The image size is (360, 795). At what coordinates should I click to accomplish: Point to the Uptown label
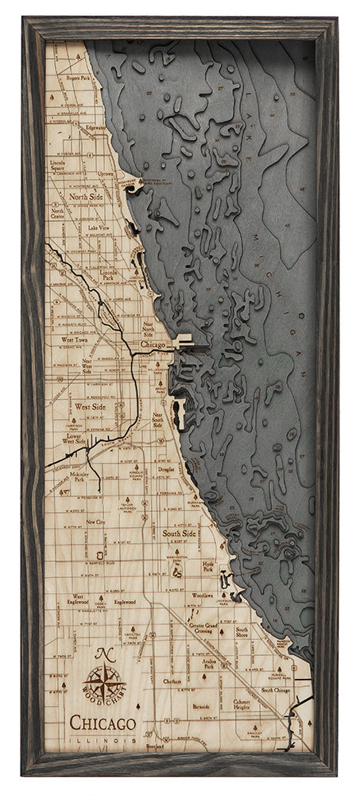pyautogui.click(x=106, y=173)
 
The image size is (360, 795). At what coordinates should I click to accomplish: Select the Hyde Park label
pyautogui.click(x=208, y=565)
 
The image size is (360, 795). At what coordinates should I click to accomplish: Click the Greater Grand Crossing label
pyautogui.click(x=208, y=630)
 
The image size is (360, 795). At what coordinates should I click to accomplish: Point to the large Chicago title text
pyautogui.click(x=102, y=723)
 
